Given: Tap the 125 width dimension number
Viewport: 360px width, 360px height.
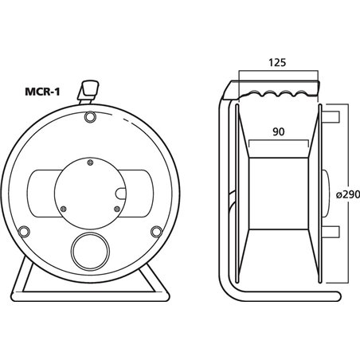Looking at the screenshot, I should (276, 61).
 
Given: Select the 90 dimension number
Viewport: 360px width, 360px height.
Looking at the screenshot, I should (276, 131).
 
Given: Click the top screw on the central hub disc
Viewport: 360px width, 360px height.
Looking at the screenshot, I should (90, 164).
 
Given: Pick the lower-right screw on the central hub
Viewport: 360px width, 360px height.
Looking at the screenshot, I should (116, 210).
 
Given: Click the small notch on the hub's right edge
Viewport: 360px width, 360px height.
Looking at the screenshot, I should (120, 191).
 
